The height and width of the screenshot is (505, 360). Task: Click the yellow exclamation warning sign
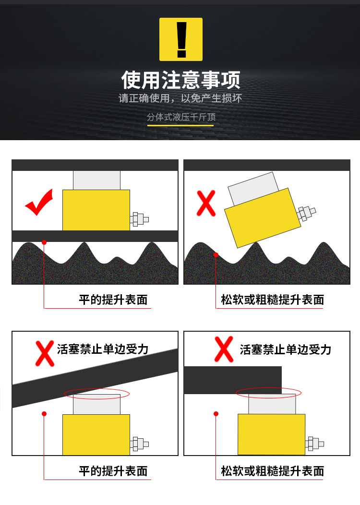181,39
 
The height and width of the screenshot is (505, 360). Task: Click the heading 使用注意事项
180,80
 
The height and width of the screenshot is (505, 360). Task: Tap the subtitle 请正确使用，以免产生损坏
180,98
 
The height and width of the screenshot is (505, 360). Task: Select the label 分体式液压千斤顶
181,117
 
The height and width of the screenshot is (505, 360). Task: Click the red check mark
39,202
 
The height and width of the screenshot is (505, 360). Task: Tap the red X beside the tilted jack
206,203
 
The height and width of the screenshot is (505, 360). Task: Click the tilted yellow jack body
263,218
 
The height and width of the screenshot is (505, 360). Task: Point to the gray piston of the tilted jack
253,188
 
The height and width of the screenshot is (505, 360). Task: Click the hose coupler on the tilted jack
306,213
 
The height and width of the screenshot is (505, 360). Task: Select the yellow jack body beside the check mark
96,210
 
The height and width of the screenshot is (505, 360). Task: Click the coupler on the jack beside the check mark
139,219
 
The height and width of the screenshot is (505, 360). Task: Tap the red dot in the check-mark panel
44,242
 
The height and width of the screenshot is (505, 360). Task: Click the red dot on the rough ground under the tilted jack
216,255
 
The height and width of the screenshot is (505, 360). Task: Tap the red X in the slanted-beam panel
45,354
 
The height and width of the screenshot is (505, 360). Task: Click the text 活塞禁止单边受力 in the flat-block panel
285,349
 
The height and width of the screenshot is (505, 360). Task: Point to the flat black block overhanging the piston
233,380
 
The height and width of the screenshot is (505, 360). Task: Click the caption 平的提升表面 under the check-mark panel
113,300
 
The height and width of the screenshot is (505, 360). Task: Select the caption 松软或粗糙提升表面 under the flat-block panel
273,471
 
